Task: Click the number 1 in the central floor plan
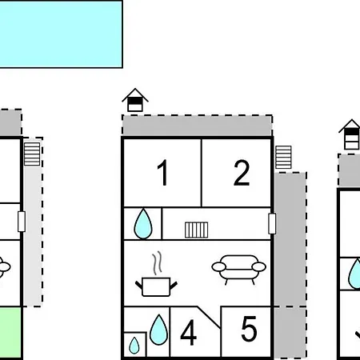pyautogui.click(x=162, y=172)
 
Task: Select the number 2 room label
pyautogui.click(x=242, y=173)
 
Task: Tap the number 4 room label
pyautogui.click(x=189, y=332)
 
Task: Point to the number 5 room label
pyautogui.click(x=249, y=329)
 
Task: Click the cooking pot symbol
pyautogui.click(x=156, y=286)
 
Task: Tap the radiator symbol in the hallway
pyautogui.click(x=197, y=230)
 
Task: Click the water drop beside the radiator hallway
pyautogui.click(x=143, y=224)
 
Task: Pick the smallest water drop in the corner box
pyautogui.click(x=134, y=346)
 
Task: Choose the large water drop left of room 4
pyautogui.click(x=159, y=330)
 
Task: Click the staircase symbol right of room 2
pyautogui.click(x=283, y=158)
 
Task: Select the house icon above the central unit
pyautogui.click(x=135, y=100)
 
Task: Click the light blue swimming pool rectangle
pyautogui.click(x=61, y=34)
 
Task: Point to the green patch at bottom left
pyautogui.click(x=10, y=334)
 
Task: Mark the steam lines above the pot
pyautogui.click(x=158, y=263)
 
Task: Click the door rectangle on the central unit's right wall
pyautogui.click(x=272, y=223)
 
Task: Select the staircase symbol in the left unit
pyautogui.click(x=32, y=154)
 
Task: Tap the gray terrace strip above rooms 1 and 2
pyautogui.click(x=197, y=126)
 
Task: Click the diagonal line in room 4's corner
pyautogui.click(x=209, y=318)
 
